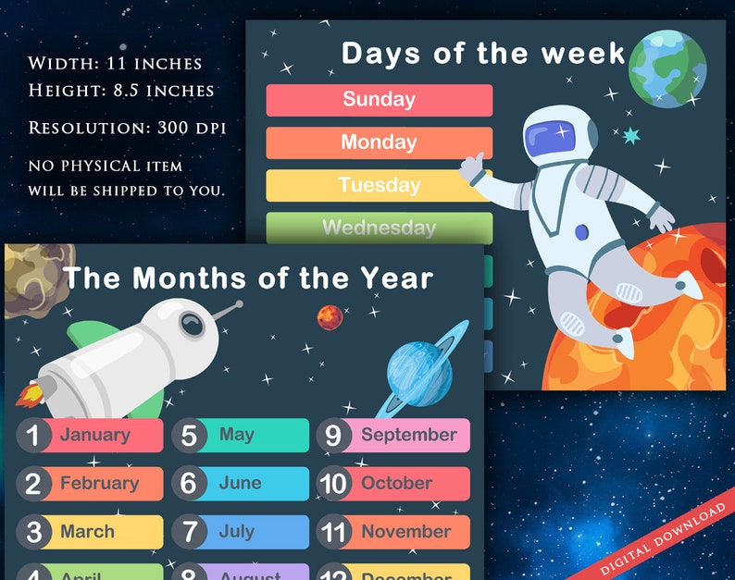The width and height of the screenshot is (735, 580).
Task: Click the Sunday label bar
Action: click(379, 100)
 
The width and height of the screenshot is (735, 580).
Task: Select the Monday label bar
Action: click(379, 142)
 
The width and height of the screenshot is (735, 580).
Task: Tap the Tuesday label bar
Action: click(379, 185)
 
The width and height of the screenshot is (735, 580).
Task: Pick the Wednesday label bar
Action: click(379, 228)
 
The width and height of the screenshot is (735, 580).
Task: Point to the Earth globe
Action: click(666, 67)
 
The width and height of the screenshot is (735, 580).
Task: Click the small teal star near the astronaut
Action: click(631, 136)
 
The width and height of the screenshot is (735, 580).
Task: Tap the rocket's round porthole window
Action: click(192, 324)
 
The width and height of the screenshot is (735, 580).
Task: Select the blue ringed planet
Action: click(418, 372)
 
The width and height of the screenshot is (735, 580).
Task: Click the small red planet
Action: click(330, 317)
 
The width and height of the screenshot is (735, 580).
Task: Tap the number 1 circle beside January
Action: click(33, 435)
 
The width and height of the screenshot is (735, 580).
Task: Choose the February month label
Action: click(100, 483)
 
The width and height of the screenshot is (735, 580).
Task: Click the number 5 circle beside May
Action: click(189, 435)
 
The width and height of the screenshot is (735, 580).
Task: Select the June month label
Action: click(240, 483)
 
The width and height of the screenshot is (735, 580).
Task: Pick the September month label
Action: click(408, 435)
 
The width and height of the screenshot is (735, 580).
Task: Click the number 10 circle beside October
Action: click(332, 483)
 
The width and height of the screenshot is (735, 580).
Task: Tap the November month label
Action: click(405, 532)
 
